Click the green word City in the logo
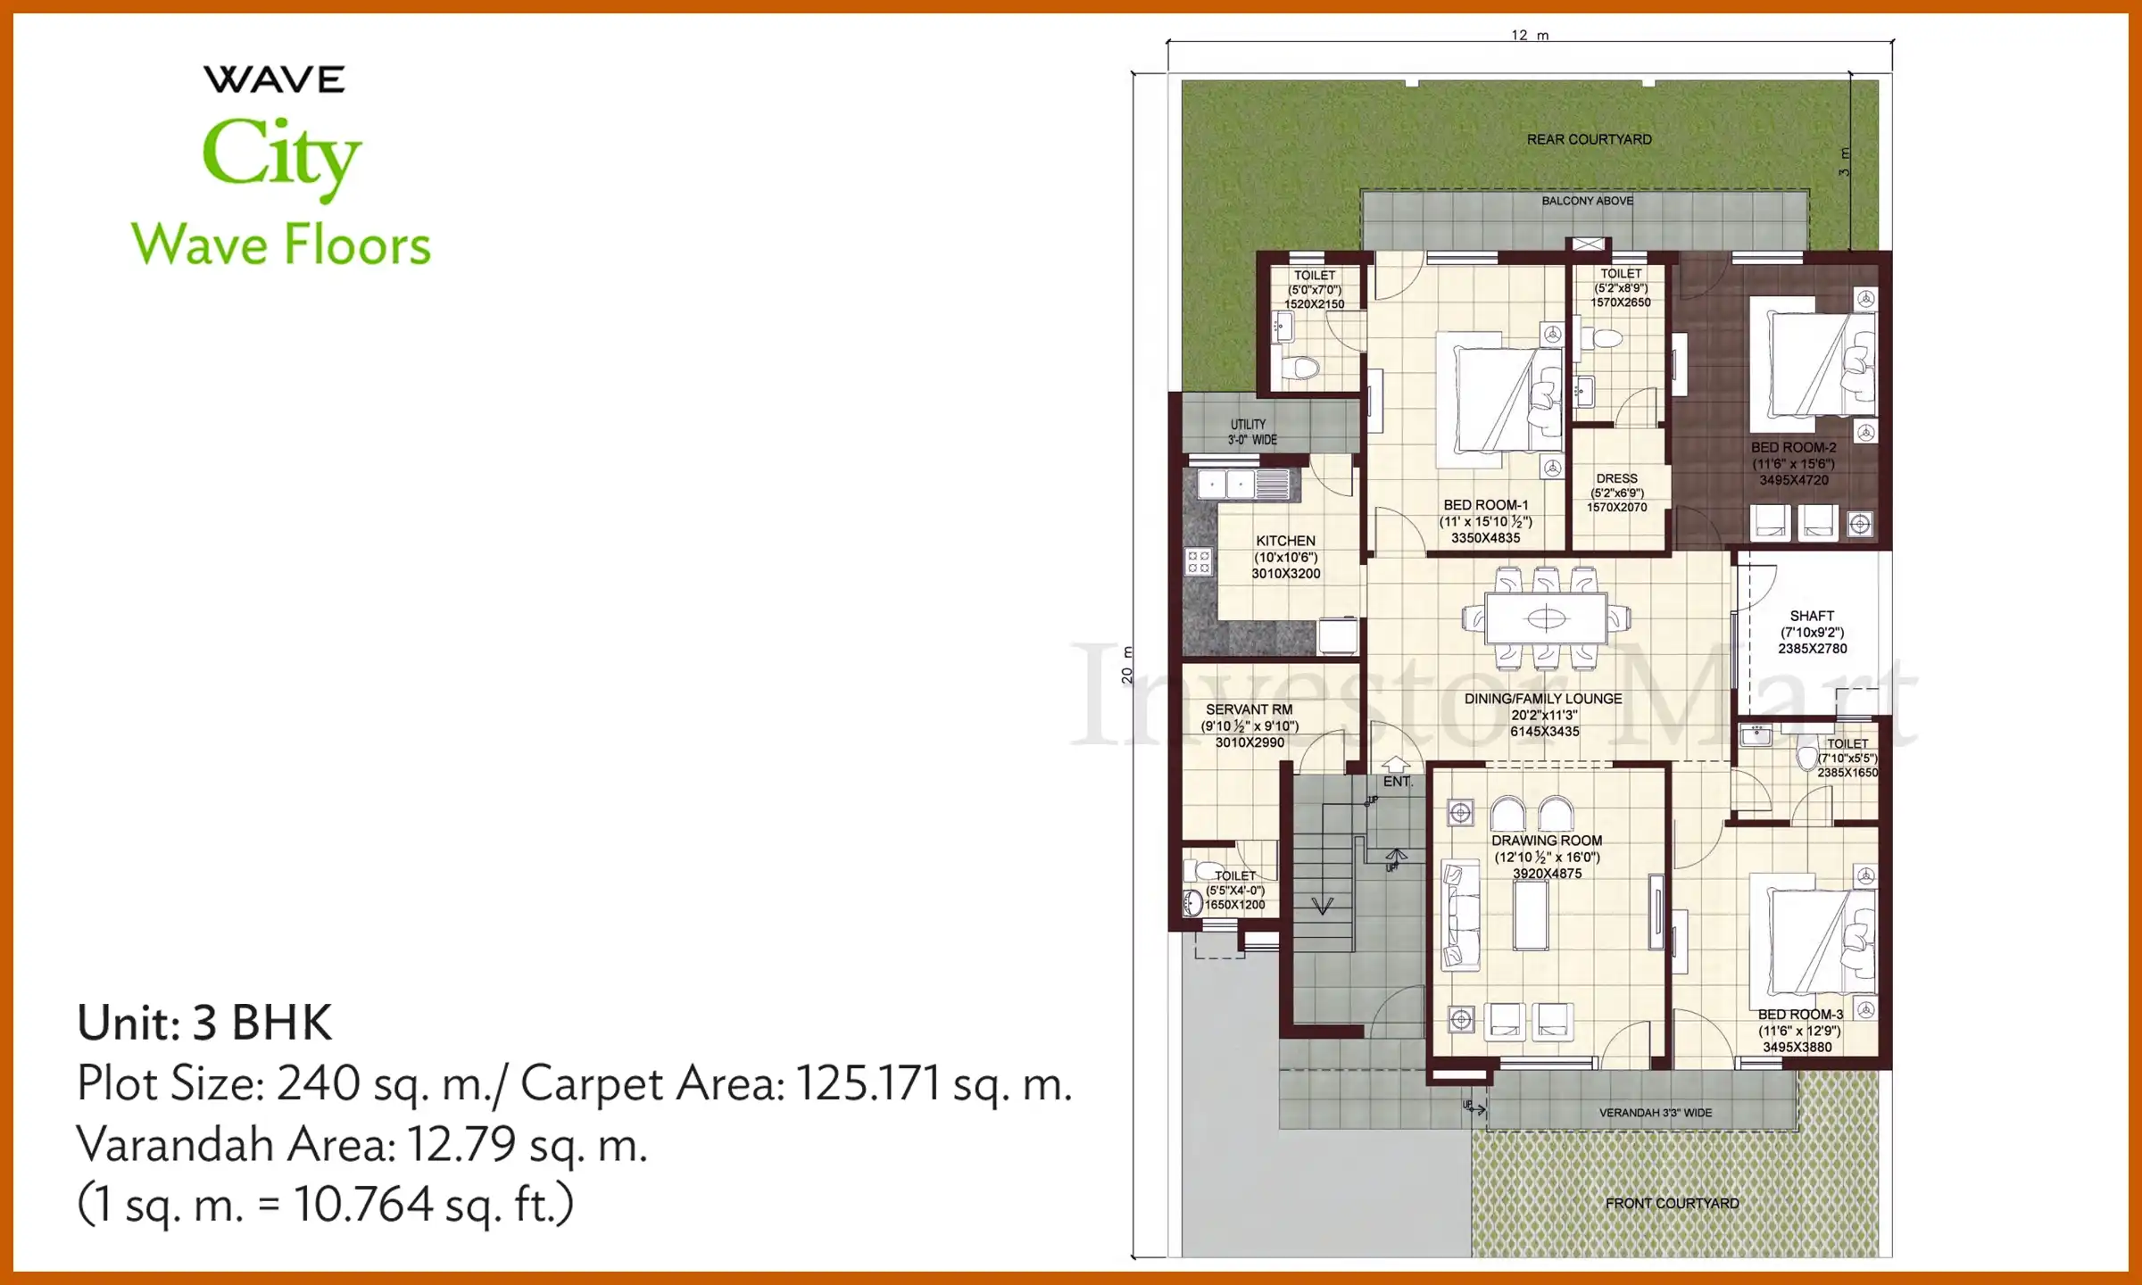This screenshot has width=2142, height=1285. [281, 156]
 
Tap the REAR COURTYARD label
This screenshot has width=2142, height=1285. [1589, 139]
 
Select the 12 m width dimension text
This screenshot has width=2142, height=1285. [1530, 36]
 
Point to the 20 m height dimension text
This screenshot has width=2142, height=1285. [1127, 665]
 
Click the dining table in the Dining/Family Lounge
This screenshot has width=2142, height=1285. [1546, 618]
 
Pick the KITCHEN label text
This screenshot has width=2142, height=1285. [1285, 541]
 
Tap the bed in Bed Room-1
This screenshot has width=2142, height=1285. [1499, 399]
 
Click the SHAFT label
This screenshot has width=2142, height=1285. [1812, 616]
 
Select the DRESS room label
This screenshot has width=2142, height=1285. [1616, 478]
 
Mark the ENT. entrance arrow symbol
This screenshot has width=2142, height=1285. [1396, 765]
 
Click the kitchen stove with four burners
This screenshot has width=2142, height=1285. [1198, 561]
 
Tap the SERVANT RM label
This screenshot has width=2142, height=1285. [1249, 709]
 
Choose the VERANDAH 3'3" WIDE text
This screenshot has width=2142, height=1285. [1655, 1113]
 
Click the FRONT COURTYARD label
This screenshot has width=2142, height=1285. [1672, 1203]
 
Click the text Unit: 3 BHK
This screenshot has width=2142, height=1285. [204, 1023]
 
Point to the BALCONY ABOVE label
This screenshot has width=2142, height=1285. [1587, 201]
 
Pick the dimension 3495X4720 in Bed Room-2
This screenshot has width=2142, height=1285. [1793, 480]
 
